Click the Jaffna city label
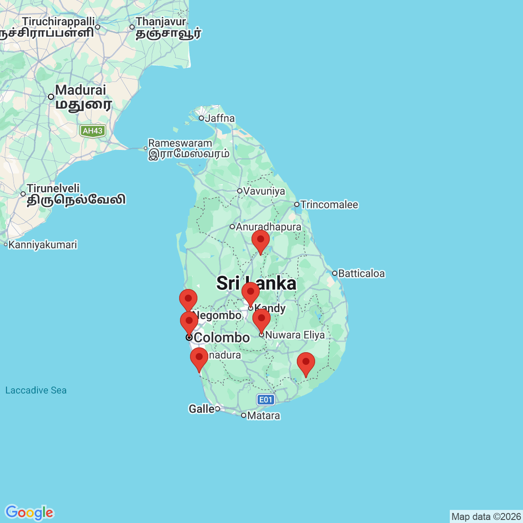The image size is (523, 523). click(220, 118)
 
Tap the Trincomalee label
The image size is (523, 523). click(329, 204)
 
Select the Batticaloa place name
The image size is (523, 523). click(361, 273)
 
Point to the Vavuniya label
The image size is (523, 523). click(264, 191)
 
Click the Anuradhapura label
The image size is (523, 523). click(268, 227)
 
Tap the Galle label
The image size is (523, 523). click(201, 409)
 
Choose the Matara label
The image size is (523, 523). click(263, 415)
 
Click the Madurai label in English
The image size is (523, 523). click(81, 90)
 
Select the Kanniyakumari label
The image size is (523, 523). click(43, 245)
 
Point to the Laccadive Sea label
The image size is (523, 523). click(36, 390)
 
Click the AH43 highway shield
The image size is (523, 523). click(92, 131)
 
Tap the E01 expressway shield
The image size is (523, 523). click(265, 400)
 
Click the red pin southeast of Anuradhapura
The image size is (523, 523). click(261, 241)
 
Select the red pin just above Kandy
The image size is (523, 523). click(251, 293)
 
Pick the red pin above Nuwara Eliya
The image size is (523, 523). click(261, 320)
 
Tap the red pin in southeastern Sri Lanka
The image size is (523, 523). click(306, 363)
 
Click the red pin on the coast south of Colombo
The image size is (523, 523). click(199, 359)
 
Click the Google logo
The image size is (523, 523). click(29, 513)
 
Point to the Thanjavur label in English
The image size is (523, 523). click(161, 21)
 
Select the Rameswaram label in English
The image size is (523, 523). click(180, 143)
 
